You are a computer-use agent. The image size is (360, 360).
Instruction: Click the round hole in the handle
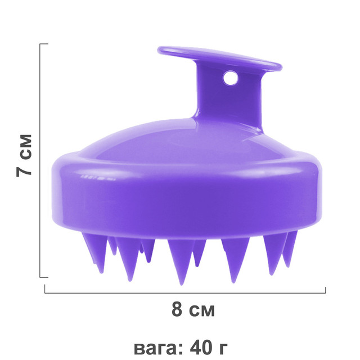[x=231, y=78]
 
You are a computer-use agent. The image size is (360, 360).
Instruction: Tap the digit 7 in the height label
[x=24, y=169]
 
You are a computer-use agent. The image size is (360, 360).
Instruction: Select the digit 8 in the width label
[x=177, y=309]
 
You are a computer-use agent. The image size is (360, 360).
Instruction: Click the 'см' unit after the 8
[x=202, y=311]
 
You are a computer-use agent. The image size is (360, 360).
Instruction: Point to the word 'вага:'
[x=159, y=348]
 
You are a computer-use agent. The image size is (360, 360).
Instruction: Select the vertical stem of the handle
[x=229, y=99]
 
